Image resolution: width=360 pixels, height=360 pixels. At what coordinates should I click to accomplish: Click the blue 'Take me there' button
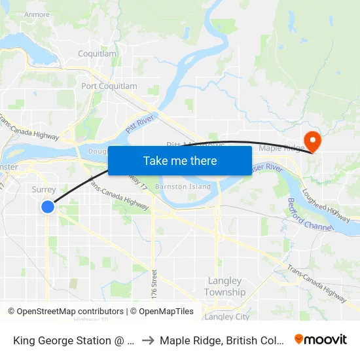point(180,160)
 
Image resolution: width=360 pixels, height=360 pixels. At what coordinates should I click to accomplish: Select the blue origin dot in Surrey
point(48,207)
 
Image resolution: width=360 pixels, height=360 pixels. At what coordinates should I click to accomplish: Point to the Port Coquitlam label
point(109,86)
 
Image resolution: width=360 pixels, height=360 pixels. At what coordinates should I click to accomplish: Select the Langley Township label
point(225,287)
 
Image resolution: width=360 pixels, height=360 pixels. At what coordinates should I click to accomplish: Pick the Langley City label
point(227,317)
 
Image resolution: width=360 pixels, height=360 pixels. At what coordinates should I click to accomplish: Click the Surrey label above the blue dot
point(44,189)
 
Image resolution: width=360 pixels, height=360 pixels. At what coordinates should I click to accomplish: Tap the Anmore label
point(37,14)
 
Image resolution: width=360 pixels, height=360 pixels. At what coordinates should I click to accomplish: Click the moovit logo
point(320,340)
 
